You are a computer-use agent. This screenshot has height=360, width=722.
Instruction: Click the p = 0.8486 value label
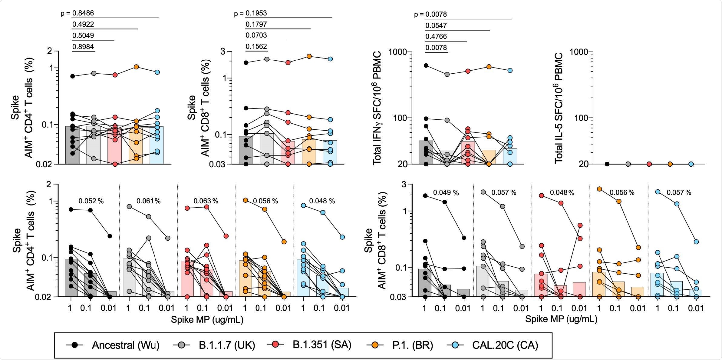[77, 13]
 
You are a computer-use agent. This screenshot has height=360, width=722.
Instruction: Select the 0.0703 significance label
[256, 35]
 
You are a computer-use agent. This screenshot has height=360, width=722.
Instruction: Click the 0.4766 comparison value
[436, 36]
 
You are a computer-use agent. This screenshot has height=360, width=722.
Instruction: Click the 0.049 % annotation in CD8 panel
[446, 193]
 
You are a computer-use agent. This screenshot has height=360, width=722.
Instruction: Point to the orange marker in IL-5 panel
[670, 164]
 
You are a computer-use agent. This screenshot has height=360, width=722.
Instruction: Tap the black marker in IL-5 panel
[607, 164]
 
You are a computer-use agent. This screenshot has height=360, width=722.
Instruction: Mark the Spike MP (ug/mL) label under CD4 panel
[207, 319]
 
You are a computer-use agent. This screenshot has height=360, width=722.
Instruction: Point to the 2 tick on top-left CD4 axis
[50, 51]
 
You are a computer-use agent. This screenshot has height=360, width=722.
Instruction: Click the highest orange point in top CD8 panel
[309, 56]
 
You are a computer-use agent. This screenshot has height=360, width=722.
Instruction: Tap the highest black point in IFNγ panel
[426, 65]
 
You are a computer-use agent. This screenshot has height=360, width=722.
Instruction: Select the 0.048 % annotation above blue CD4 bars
[322, 201]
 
